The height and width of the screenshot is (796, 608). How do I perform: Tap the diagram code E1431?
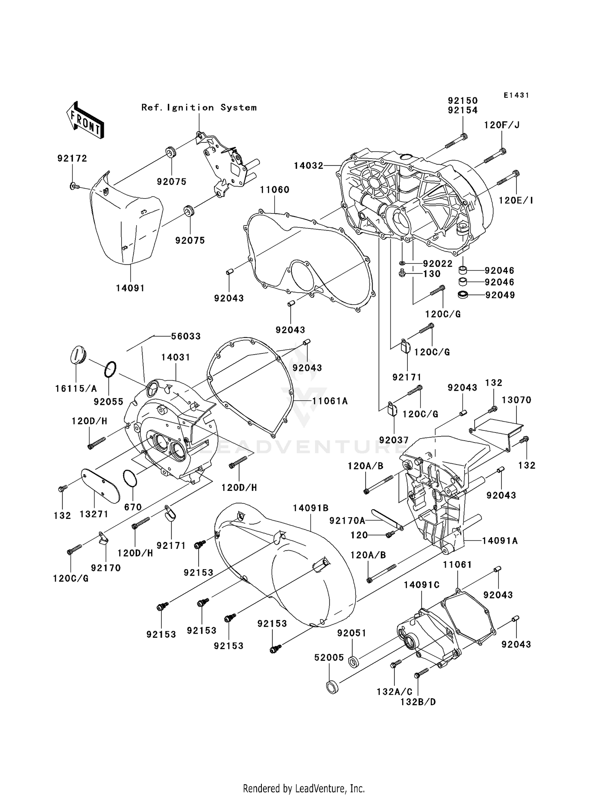click(516, 95)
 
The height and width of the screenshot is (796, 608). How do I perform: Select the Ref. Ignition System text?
click(199, 108)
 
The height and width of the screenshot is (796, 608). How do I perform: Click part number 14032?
click(308, 166)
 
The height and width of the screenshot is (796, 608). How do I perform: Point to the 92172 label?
click(72, 158)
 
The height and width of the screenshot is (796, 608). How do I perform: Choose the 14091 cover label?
click(130, 288)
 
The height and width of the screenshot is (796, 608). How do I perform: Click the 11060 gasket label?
click(274, 189)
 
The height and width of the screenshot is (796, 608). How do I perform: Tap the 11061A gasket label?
click(330, 401)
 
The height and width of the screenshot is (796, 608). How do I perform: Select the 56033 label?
click(186, 336)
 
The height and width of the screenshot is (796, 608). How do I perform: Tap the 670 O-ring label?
click(133, 507)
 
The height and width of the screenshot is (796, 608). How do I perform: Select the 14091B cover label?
click(310, 508)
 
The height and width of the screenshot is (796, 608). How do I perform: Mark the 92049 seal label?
click(500, 295)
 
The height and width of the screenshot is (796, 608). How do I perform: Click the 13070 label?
click(516, 400)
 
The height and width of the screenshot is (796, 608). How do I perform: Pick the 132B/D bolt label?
click(418, 701)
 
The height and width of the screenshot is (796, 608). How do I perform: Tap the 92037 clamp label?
click(394, 440)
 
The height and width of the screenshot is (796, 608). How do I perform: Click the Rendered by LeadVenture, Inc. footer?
click(304, 788)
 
